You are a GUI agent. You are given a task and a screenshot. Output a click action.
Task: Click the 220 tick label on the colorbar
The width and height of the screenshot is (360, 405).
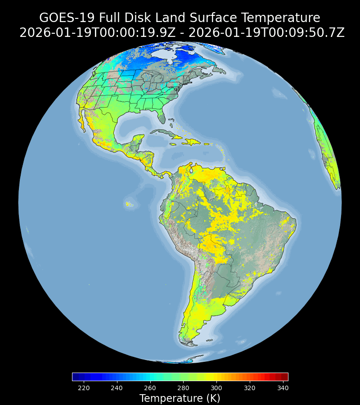pos(84,388)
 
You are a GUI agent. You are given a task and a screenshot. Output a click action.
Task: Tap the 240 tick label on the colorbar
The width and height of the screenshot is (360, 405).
pos(117,388)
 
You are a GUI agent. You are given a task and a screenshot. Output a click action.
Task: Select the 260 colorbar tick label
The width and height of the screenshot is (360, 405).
pos(150,388)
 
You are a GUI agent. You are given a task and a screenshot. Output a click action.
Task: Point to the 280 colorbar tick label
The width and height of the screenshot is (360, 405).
pos(183,388)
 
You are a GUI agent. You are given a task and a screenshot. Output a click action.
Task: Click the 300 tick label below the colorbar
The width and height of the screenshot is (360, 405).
pos(216,388)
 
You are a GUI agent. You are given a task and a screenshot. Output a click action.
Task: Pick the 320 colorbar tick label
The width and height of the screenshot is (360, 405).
pos(250,388)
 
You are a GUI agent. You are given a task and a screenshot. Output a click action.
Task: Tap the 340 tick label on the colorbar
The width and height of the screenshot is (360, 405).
pos(283,388)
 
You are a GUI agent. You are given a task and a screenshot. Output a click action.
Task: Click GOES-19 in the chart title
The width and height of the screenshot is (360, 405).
pos(67,18)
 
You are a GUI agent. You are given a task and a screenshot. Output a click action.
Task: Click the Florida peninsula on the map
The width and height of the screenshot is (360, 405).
pos(162,117)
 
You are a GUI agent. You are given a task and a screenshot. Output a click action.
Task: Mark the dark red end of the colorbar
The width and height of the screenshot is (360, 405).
pos(285,377)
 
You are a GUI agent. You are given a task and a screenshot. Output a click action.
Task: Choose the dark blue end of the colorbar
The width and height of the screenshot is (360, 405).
pos(75,377)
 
